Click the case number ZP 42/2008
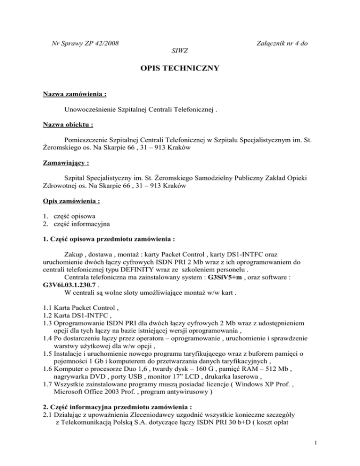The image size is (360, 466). tap(98, 44)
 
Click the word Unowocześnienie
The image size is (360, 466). tap(92, 110)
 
